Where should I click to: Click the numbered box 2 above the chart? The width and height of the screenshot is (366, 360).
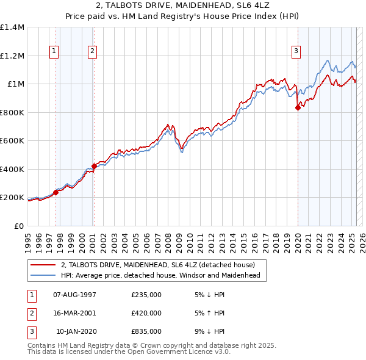[x=92, y=52]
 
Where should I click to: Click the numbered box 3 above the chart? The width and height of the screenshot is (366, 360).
[x=296, y=52]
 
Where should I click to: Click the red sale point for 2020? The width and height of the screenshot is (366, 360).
[x=298, y=108]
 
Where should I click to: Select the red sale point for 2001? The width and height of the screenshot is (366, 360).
[x=94, y=166]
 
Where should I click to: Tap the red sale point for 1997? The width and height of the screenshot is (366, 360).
[x=56, y=192]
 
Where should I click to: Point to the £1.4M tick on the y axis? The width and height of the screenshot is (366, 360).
[x=12, y=27]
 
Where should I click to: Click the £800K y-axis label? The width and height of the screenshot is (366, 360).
[x=12, y=112]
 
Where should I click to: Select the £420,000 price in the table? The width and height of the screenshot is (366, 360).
[x=146, y=313]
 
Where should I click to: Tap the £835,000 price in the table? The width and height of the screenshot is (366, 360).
[x=146, y=331]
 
